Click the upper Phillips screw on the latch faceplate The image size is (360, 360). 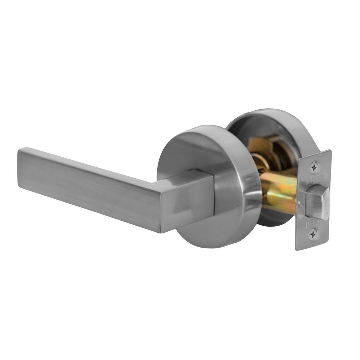314,167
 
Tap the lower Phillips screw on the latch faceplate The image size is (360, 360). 313,234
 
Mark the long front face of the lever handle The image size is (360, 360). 90,189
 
